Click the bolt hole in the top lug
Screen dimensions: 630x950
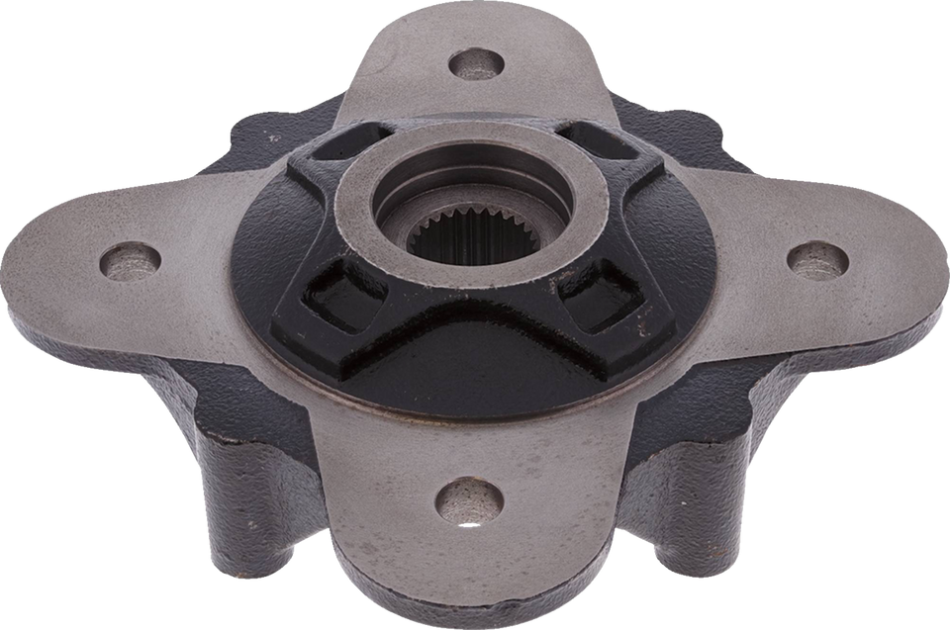tap(475, 66)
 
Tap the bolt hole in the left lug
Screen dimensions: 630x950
tap(132, 261)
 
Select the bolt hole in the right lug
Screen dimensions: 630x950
tap(817, 259)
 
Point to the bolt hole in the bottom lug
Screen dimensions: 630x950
tap(468, 496)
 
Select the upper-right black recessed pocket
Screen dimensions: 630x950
tap(604, 143)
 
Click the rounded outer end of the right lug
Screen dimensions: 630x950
tap(915, 262)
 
